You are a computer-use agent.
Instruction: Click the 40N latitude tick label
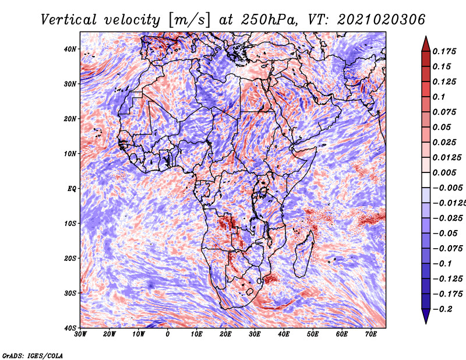click(x=70, y=49)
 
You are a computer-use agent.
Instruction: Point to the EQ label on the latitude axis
click(x=72, y=189)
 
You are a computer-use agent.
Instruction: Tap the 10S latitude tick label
click(x=70, y=224)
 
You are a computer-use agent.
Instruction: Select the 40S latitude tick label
click(x=70, y=328)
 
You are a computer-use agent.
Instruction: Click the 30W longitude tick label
click(x=80, y=334)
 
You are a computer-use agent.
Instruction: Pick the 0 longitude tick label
click(x=168, y=334)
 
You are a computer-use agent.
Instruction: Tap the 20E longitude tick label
click(x=226, y=334)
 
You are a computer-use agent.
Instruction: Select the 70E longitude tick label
click(x=371, y=334)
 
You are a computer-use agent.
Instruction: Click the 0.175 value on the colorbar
click(x=444, y=51)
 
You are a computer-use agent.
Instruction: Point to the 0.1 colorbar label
click(x=439, y=97)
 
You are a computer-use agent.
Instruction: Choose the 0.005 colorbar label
click(x=444, y=172)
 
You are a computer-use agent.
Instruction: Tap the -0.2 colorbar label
click(x=442, y=309)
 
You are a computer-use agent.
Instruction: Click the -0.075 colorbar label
click(x=448, y=249)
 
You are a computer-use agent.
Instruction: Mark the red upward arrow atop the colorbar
click(x=426, y=44)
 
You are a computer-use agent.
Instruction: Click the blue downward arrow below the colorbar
click(x=426, y=316)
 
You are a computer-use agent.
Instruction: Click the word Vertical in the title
click(x=69, y=20)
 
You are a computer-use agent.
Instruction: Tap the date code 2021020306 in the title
click(x=382, y=20)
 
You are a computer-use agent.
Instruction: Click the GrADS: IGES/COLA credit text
click(x=33, y=355)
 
